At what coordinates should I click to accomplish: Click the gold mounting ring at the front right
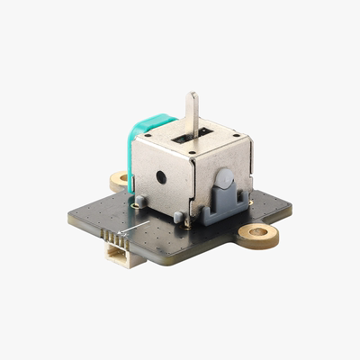point(258,234)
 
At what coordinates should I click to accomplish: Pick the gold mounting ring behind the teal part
point(120,180)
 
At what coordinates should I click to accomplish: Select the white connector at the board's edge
point(118,257)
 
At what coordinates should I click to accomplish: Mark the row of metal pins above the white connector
point(112,239)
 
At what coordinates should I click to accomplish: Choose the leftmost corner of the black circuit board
point(70,219)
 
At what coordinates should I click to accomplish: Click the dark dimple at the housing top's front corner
point(188,152)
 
